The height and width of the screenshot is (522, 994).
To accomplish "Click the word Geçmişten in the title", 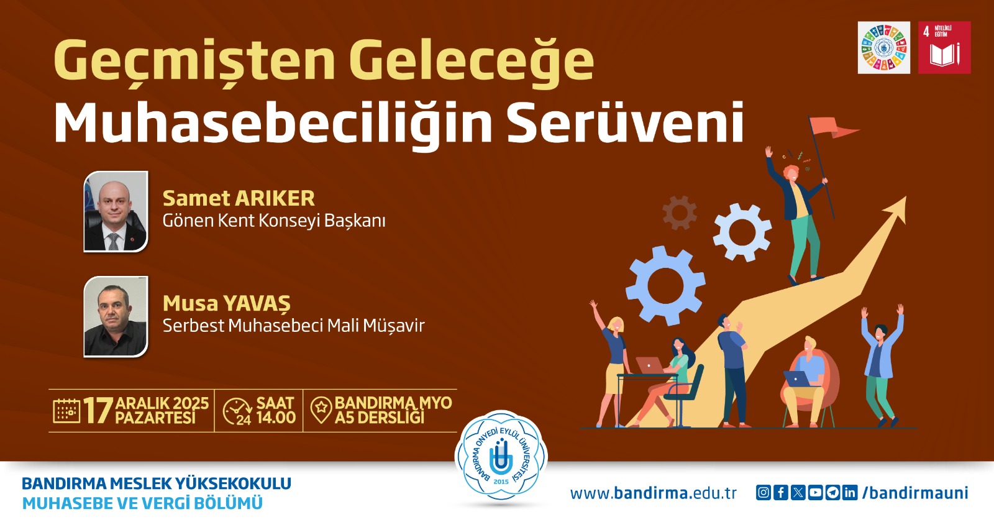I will [x=194, y=61].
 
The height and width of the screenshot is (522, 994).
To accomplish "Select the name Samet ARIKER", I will [x=239, y=198].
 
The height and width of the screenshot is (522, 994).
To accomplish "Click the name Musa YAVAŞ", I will [x=226, y=303].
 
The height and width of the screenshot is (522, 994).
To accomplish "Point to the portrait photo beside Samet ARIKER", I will [x=116, y=211].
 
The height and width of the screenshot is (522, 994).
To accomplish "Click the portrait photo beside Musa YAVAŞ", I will [x=116, y=316].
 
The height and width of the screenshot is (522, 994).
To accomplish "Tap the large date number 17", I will [x=98, y=411].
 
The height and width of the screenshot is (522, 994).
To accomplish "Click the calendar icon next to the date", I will [x=66, y=411].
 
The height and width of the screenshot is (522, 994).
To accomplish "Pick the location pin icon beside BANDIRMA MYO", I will [x=321, y=410].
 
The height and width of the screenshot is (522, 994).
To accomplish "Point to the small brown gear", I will [x=680, y=213].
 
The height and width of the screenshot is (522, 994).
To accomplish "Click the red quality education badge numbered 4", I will [x=944, y=48].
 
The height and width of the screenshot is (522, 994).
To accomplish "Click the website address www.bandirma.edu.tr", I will [x=653, y=493].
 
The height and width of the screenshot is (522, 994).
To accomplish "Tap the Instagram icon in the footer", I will [x=763, y=493].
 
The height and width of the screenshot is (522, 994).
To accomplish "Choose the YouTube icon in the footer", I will [x=815, y=493].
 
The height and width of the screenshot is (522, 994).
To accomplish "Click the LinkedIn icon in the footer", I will [x=850, y=493].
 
